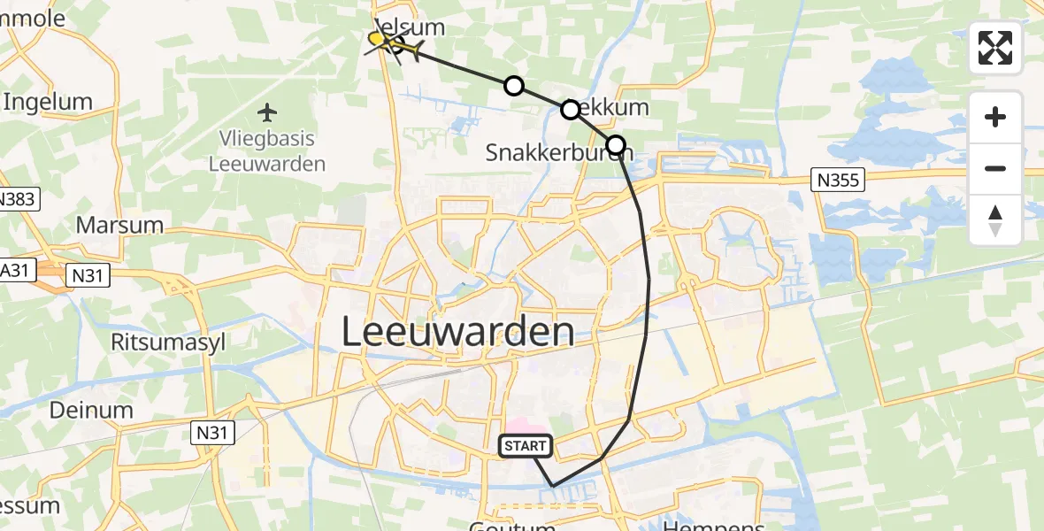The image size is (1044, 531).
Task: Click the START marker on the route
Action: (526, 446)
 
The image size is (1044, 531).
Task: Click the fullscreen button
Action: (995, 48)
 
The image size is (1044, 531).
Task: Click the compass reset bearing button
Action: (995, 220)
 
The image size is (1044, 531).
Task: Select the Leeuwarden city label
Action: (457, 333)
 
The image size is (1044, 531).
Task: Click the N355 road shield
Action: (837, 180)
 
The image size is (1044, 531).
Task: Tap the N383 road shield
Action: (18, 199)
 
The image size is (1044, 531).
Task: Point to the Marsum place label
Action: (119, 225)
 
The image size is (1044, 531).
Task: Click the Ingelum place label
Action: (48, 102)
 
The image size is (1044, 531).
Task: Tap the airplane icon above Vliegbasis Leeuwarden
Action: (267, 112)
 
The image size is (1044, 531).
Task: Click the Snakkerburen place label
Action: (558, 153)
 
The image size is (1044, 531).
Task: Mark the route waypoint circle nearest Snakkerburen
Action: (615, 144)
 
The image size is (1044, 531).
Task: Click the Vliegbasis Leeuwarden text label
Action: (267, 151)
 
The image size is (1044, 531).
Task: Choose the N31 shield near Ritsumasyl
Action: (88, 276)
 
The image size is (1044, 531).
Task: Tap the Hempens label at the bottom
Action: (712, 525)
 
